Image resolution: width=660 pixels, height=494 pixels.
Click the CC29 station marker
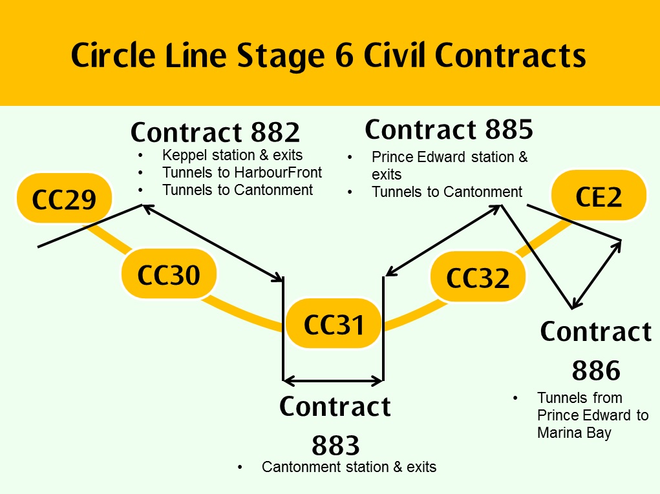pos(64,200)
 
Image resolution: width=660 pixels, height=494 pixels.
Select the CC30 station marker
pos(169,275)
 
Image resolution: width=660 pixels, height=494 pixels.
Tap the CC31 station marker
pos(334,325)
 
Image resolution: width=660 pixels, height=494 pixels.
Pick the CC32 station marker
pos(478,278)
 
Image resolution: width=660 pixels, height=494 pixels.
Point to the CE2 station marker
pos(598,197)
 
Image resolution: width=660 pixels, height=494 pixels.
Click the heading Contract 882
pos(215,132)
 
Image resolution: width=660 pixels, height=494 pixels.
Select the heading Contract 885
pos(449,130)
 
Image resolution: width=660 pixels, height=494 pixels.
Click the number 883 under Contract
pos(335,446)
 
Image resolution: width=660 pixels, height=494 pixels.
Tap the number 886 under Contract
pos(595,371)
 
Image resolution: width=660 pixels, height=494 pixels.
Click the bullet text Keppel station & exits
pos(232,156)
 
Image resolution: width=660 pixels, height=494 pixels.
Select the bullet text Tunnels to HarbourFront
pos(242,173)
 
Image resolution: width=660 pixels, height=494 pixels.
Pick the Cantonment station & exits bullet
pos(348,467)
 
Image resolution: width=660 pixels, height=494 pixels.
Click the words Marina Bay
pos(573,433)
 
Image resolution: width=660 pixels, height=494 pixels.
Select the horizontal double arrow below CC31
pos(334,380)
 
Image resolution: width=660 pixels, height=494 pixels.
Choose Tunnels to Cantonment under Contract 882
pos(237,190)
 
